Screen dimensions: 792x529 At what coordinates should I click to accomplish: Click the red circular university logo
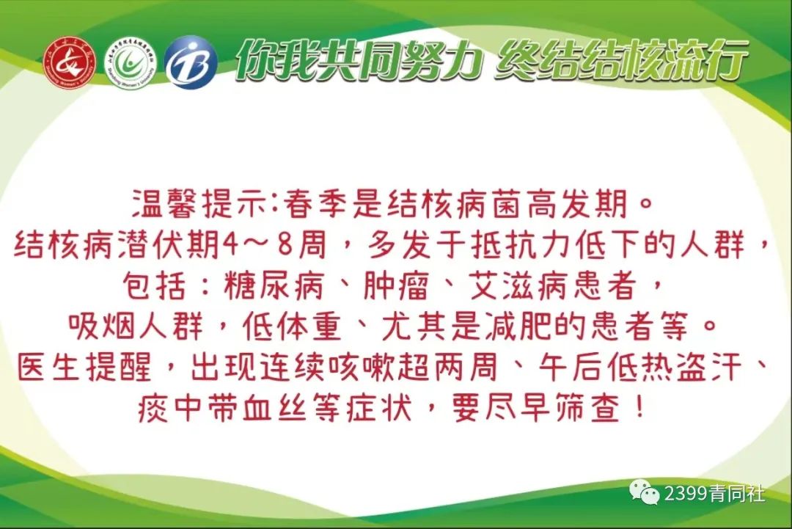(70, 63)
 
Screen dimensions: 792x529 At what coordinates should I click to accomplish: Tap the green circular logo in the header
(131, 63)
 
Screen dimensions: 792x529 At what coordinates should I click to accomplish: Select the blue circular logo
(191, 62)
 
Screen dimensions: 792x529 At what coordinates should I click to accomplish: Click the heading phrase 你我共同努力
(359, 61)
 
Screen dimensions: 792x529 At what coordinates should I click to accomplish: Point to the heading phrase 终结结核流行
(621, 61)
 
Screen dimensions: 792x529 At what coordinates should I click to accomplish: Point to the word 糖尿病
(274, 286)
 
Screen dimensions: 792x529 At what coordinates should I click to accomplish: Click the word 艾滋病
(519, 286)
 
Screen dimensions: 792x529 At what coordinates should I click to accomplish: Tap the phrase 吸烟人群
(136, 326)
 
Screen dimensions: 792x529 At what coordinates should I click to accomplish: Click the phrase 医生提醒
(84, 367)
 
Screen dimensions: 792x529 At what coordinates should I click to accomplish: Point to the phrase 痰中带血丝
(222, 408)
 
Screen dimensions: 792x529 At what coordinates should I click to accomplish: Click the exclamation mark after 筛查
(639, 408)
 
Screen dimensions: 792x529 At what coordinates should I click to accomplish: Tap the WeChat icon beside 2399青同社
(645, 492)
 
